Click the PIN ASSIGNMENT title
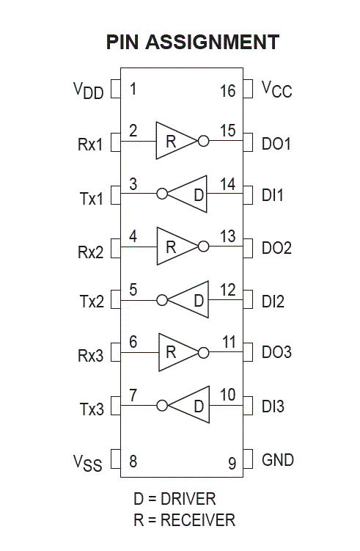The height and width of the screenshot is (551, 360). coord(193,42)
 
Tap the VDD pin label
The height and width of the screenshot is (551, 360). coord(88,90)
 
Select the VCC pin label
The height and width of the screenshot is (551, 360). coord(276,90)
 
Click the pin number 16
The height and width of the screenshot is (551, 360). coord(227,91)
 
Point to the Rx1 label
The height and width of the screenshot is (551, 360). coord(90,144)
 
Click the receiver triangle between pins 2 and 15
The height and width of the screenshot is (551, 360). coord(176,141)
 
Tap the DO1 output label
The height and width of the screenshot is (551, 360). coord(276,144)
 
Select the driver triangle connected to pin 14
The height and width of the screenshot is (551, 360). coord(187,194)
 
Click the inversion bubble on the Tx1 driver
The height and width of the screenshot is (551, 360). coord(162,193)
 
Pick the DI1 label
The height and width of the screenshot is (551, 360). coord(273,195)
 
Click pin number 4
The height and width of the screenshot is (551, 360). coord(133,236)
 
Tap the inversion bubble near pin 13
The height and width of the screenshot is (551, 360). coord(203,247)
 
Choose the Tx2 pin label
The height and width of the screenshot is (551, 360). coord(92,302)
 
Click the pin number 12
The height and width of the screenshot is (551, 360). coord(227,290)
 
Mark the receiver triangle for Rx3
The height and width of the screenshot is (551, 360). coord(178,352)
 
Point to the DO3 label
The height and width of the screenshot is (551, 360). coord(276,352)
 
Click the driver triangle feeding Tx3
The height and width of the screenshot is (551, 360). coord(189,405)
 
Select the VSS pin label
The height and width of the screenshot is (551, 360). coord(87,463)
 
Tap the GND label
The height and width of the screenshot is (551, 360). coord(278,460)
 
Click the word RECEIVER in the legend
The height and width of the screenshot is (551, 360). coord(198,520)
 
